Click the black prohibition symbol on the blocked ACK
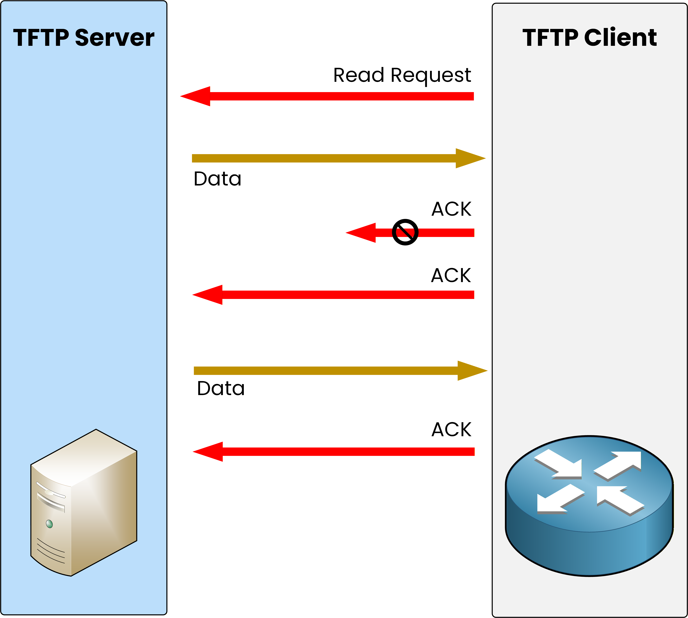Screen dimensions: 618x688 coord(405,232)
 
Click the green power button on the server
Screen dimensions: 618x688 coord(49,524)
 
